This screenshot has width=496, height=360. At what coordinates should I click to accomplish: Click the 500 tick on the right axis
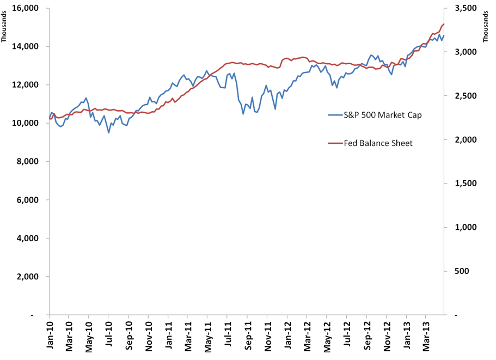[462, 271]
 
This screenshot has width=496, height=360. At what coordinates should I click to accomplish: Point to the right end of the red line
[444, 24]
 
